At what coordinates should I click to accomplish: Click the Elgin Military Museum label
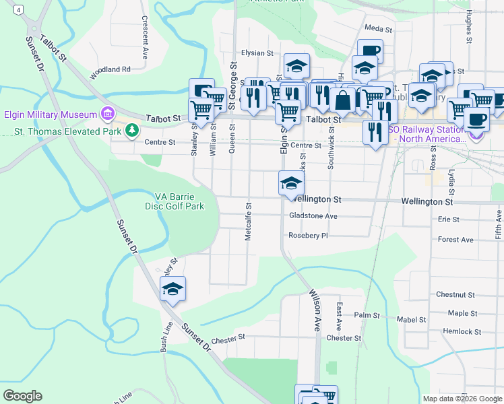pos(51,114)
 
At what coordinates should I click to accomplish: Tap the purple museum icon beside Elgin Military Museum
pos(106,112)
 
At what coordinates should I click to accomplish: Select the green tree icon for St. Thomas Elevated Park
pos(133,129)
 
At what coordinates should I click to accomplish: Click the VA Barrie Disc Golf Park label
pos(179,201)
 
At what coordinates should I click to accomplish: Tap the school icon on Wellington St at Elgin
pos(290,182)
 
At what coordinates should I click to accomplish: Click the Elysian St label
pos(257,53)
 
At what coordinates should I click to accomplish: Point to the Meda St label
pos(378,29)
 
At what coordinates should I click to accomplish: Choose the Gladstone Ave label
pos(313,216)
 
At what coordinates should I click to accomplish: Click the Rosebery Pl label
pos(308,236)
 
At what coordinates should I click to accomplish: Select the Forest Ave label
pos(455,240)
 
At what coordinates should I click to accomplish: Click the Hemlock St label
pos(462,332)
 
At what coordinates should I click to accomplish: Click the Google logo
pos(22,396)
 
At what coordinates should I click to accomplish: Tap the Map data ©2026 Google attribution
pos(462,399)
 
